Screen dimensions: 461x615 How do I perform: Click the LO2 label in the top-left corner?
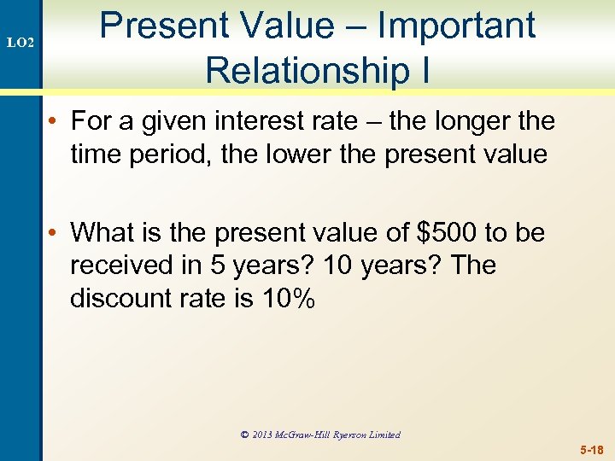pyautogui.click(x=20, y=41)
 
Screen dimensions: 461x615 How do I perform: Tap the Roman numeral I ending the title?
pyautogui.click(x=425, y=69)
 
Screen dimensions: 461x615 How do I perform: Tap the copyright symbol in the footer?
pyautogui.click(x=244, y=435)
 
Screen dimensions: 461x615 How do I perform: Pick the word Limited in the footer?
pyautogui.click(x=384, y=435)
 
